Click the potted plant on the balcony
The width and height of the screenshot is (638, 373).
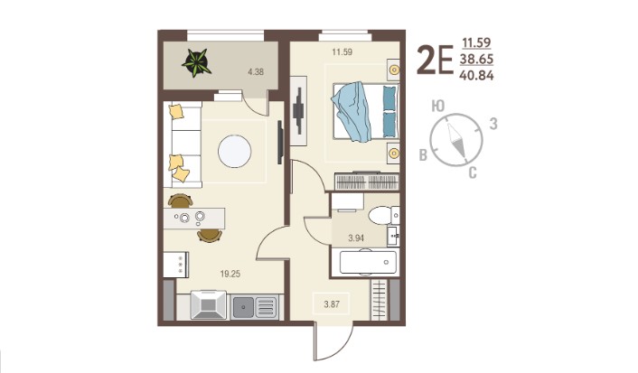point(196,62)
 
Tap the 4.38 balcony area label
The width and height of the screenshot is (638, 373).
point(256,72)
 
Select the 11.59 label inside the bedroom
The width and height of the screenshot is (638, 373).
point(342,52)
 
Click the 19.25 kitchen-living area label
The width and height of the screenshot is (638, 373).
point(230,275)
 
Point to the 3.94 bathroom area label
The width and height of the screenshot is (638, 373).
point(356,238)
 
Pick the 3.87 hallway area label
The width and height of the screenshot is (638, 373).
point(332,303)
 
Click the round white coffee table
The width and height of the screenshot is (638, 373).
point(234,152)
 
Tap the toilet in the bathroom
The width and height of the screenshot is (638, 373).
point(384,215)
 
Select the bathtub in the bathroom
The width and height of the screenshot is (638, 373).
point(368,262)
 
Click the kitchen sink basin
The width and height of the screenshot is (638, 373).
point(243,307)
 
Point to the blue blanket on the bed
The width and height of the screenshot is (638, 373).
point(352,112)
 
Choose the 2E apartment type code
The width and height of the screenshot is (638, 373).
point(435,61)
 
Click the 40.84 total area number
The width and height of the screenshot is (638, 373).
point(476,75)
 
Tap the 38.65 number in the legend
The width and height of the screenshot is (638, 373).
point(476,60)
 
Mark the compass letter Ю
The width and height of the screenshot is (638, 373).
point(438,107)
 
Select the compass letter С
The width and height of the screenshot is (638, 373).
point(473,173)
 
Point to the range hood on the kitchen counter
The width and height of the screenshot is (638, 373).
point(209,305)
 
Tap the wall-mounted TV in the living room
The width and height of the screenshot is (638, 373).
point(280,143)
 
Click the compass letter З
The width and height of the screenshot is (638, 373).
point(493,124)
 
